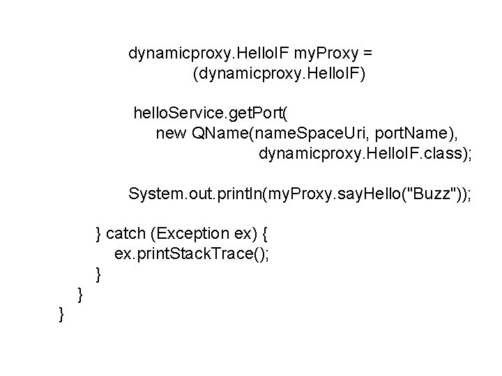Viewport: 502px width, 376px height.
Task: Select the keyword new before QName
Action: (x=170, y=133)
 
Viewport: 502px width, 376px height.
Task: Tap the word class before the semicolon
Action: (x=440, y=152)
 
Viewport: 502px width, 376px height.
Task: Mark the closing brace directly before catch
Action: (x=100, y=233)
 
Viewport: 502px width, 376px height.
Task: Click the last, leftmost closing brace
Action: (x=62, y=315)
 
